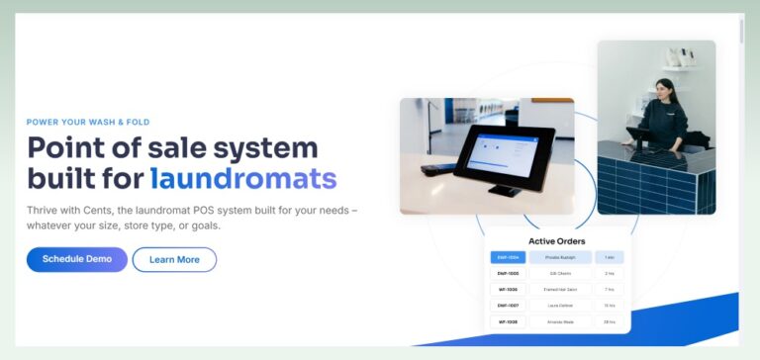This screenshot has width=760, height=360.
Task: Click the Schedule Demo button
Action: click(x=77, y=259)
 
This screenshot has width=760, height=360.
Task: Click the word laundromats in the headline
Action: click(x=243, y=179)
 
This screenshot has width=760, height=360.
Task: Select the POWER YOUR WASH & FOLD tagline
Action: click(x=88, y=123)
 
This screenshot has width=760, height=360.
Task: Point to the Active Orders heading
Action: click(x=557, y=240)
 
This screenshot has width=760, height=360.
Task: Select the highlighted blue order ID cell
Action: click(x=508, y=257)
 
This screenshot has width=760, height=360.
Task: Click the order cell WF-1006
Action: click(x=508, y=290)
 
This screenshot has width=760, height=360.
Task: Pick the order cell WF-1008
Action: click(x=508, y=321)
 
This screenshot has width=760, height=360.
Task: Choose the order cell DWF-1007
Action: click(x=508, y=306)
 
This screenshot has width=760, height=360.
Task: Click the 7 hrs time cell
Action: click(x=610, y=290)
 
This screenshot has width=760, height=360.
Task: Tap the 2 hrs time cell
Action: click(x=610, y=273)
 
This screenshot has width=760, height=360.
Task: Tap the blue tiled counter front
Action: click(x=663, y=183)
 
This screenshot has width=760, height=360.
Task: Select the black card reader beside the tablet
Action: click(x=432, y=169)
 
